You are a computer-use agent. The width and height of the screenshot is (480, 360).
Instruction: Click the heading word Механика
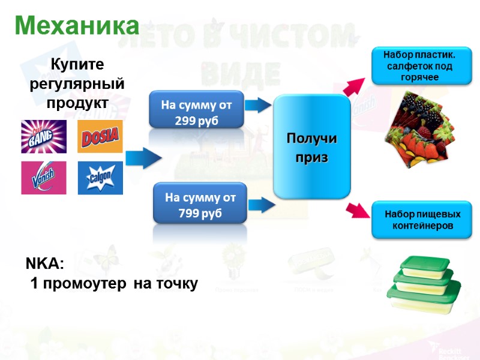click(x=77, y=26)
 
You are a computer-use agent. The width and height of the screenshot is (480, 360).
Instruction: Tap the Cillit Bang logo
click(x=44, y=137)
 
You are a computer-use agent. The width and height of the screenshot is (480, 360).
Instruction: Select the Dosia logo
click(x=100, y=137)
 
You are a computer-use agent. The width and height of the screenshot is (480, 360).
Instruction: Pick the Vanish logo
click(x=44, y=178)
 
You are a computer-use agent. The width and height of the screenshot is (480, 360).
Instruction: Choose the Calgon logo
click(x=100, y=178)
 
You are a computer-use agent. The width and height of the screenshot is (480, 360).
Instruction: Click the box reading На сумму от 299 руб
click(x=197, y=110)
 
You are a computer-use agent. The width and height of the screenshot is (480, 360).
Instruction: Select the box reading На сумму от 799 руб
click(x=200, y=204)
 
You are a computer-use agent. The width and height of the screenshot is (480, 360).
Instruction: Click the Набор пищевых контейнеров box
click(x=422, y=220)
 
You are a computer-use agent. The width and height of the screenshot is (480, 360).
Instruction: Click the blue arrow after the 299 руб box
click(x=259, y=106)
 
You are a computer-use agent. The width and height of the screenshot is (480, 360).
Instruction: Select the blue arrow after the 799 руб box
click(x=262, y=204)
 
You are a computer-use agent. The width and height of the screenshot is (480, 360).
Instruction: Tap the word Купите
click(x=77, y=64)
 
